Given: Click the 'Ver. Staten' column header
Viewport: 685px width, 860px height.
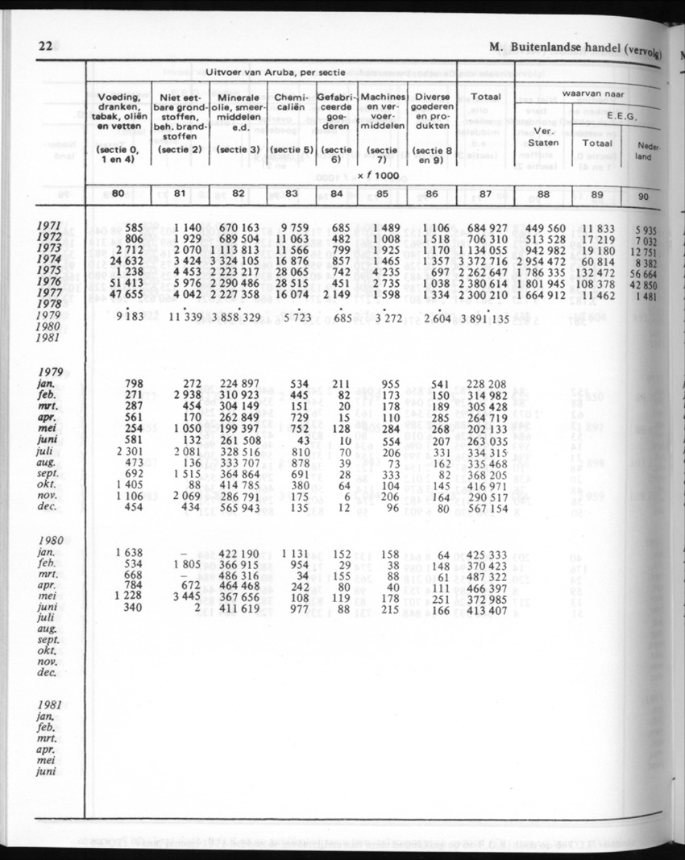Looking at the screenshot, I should click(x=542, y=137).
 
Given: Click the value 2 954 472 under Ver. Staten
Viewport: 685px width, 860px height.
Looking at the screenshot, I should click(x=544, y=261).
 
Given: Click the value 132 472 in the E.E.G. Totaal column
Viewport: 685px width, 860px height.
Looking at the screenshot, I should click(x=599, y=272).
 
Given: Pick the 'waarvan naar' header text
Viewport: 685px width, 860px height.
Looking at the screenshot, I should click(x=595, y=93).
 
